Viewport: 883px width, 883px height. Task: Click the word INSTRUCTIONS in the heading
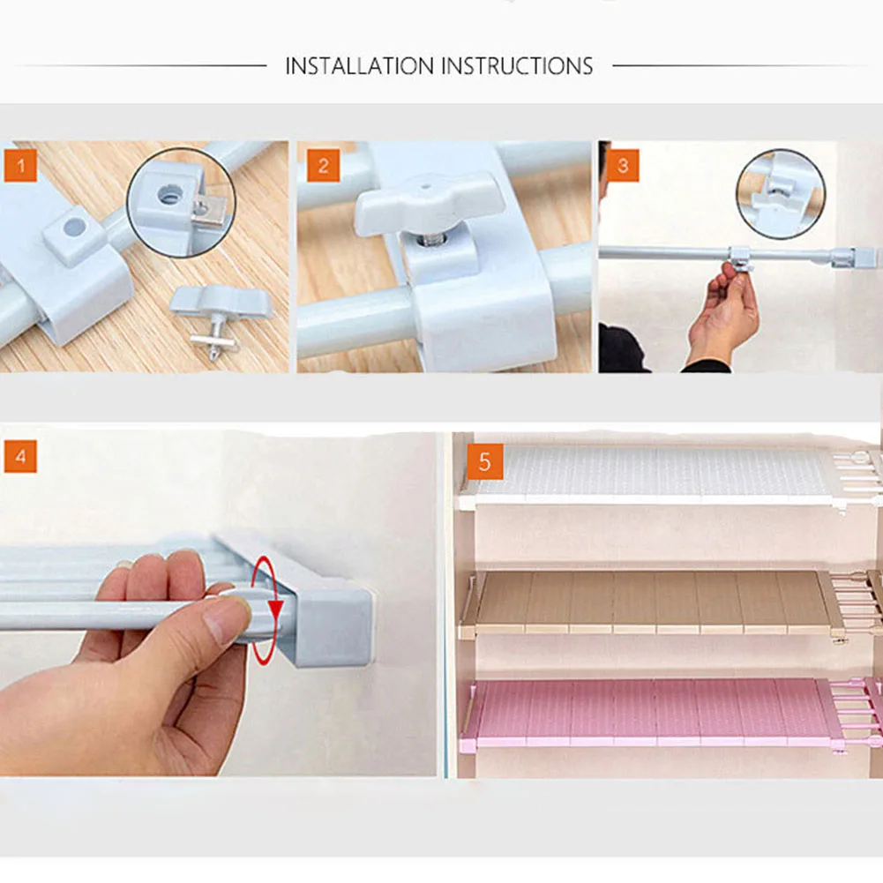517,66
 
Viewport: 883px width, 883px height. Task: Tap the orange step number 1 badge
21,166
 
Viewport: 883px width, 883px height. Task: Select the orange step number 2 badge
323,166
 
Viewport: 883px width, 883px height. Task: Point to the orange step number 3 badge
623,166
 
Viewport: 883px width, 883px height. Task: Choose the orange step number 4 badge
21,456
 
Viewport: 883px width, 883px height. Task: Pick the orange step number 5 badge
485,461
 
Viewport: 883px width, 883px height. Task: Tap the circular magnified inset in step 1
182,203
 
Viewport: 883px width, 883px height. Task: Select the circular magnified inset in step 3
781,194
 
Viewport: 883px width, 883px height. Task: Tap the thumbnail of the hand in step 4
227,622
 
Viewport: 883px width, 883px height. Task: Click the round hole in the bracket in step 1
74,227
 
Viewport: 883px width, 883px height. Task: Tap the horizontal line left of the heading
141,66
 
